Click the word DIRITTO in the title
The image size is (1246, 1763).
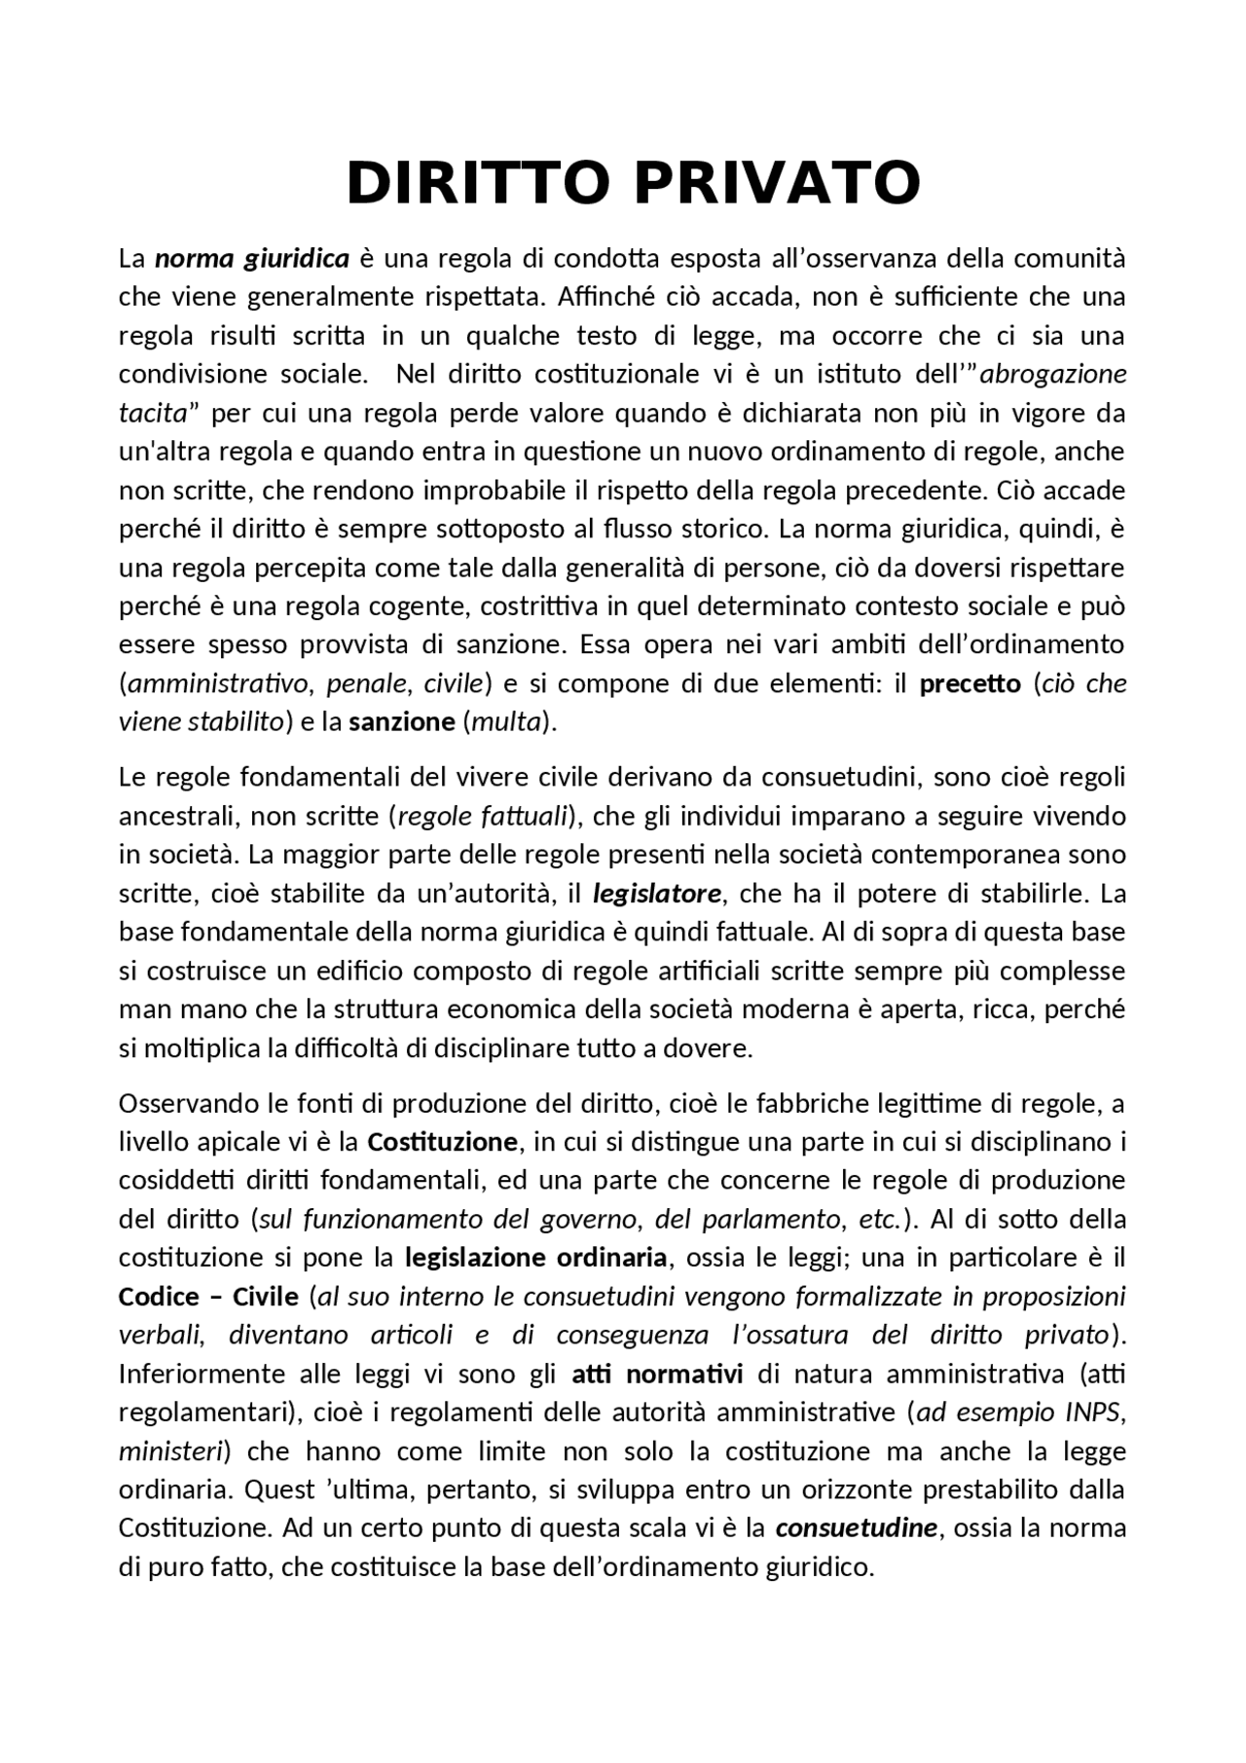coord(478,182)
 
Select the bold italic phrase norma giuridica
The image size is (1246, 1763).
coord(251,259)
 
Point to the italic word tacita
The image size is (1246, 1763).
coord(152,414)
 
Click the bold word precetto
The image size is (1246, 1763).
coord(970,684)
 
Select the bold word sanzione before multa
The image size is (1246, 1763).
coord(402,722)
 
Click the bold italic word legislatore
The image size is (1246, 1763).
coord(657,894)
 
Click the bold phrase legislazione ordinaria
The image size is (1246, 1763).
coord(535,1258)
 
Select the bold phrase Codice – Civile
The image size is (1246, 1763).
coord(208,1297)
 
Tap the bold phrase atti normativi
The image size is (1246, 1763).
coord(657,1375)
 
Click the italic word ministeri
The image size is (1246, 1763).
coord(170,1451)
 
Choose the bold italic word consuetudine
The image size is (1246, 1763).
coord(856,1528)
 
